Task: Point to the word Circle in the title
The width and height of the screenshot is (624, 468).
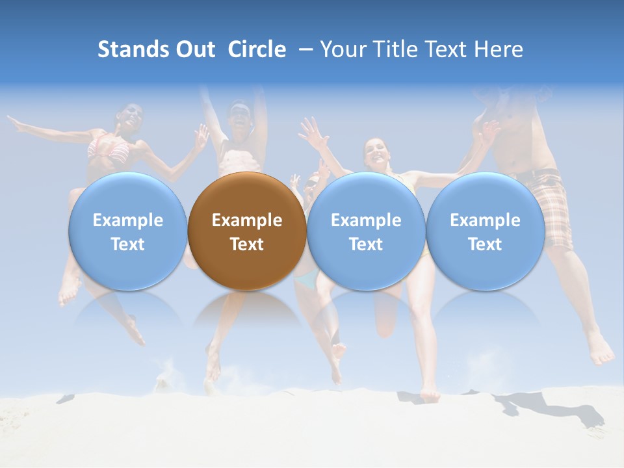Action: (257, 49)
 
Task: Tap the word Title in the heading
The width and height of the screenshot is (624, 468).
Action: (395, 49)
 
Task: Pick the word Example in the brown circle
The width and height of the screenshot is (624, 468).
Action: (246, 220)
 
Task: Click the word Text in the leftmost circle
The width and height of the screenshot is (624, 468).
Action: (127, 244)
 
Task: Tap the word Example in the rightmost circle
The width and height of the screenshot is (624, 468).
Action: (485, 220)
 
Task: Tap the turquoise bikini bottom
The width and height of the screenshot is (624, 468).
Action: (305, 281)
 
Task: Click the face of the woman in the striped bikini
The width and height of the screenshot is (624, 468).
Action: (131, 117)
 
